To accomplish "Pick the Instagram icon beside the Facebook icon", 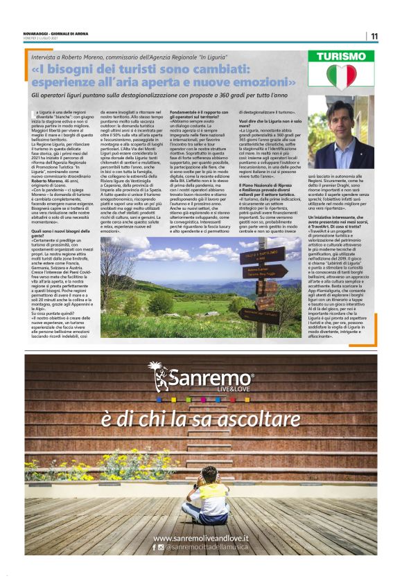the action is [x=161, y=547].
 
